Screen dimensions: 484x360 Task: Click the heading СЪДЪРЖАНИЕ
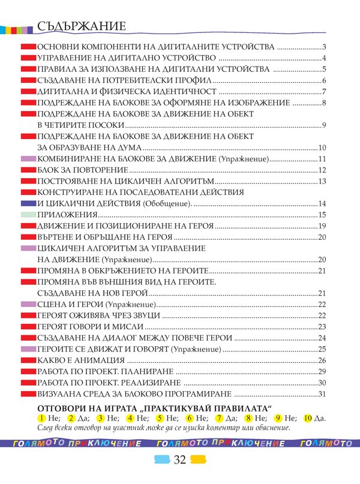pos(80,27)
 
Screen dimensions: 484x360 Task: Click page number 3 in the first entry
pos(323,47)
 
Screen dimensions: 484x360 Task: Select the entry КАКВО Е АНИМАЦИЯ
pos(81,360)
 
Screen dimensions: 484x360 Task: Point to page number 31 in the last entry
pos(321,394)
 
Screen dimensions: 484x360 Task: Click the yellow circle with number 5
pos(159,417)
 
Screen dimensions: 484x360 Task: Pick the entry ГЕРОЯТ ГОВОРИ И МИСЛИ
pos(90,327)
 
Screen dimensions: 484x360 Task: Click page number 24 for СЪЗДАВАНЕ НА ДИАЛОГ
pos(321,338)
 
